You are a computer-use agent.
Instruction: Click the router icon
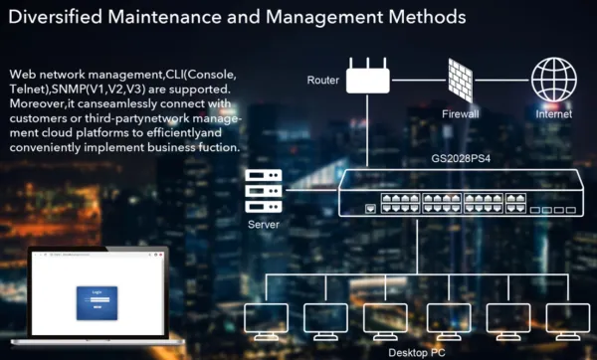tap(369, 77)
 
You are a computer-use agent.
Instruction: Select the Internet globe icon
tap(553, 78)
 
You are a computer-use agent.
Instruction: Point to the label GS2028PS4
tap(434, 156)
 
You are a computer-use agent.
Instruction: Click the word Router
tap(323, 78)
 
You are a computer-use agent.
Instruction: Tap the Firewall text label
tap(461, 113)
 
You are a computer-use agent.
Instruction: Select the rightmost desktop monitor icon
tap(569, 318)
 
